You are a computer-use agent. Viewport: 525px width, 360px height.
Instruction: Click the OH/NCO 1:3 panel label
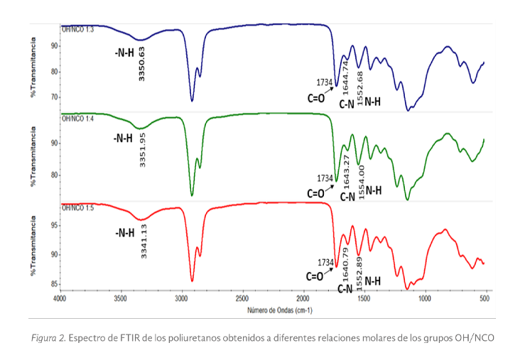click(x=77, y=29)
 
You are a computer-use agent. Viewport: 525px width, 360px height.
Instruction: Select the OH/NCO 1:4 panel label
click(x=77, y=118)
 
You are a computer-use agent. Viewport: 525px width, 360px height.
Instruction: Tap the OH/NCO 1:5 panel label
click(x=77, y=208)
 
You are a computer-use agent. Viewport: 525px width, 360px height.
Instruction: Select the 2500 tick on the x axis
click(x=242, y=298)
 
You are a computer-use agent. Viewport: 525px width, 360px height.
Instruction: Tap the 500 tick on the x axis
click(x=485, y=298)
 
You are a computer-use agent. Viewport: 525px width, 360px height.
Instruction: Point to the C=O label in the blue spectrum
click(x=316, y=98)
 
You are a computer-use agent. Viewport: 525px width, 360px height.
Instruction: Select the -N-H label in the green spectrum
click(x=123, y=138)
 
